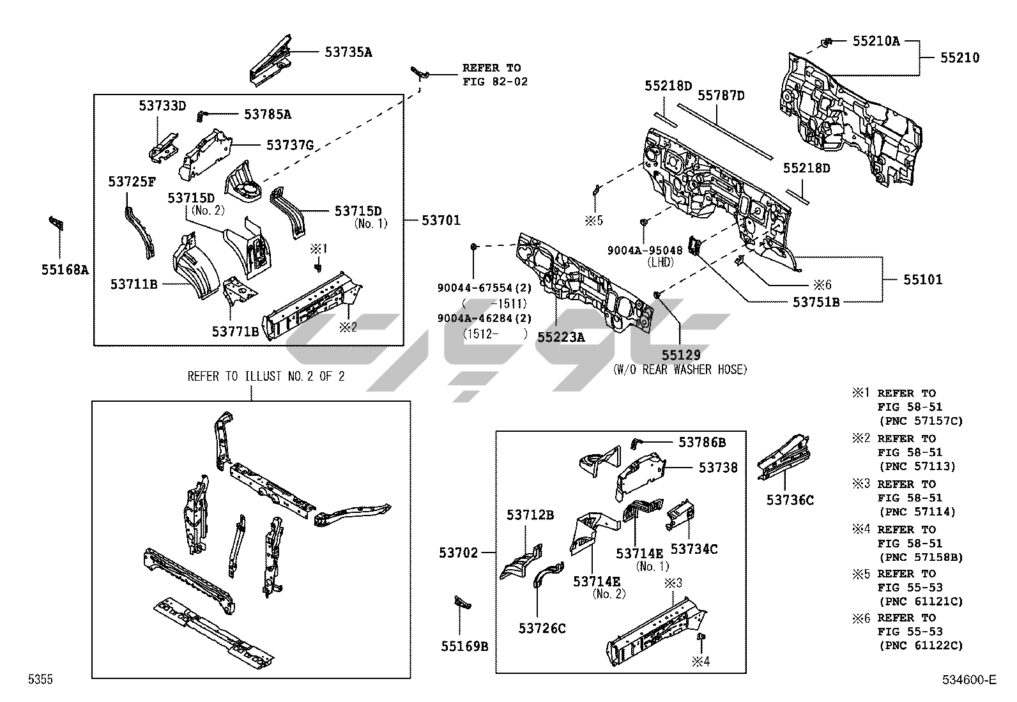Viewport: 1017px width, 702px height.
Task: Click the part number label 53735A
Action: (348, 52)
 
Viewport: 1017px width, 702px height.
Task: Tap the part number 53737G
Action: (289, 145)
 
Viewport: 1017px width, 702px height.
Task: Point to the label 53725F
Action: (132, 182)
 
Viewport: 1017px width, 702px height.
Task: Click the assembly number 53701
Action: (441, 220)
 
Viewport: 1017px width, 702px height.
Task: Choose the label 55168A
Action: (65, 270)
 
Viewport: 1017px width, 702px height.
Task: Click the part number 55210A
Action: (876, 42)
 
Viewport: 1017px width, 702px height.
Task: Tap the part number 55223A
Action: (561, 337)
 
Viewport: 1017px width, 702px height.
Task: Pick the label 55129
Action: (680, 355)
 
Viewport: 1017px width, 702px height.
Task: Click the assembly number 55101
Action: (922, 280)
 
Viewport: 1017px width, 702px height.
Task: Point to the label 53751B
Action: (816, 302)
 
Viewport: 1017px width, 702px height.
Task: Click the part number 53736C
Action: (790, 500)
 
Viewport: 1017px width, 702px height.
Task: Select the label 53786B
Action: (701, 442)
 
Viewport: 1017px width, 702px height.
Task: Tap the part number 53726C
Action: (542, 629)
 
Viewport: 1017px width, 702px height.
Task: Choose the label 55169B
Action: (464, 646)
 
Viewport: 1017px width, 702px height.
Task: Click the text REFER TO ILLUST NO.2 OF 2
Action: (266, 376)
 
